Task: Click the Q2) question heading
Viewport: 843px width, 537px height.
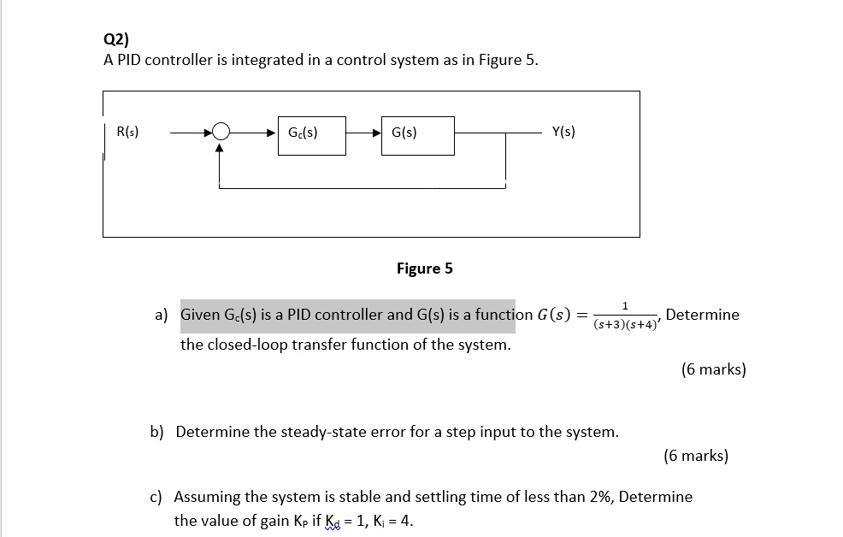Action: (x=115, y=38)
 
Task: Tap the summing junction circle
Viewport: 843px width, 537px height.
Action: (x=221, y=133)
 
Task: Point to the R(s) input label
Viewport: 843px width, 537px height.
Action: (x=127, y=133)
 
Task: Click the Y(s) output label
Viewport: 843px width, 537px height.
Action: (x=563, y=132)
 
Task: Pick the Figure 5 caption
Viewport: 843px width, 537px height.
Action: (x=424, y=268)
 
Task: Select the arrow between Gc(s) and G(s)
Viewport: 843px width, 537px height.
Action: (x=363, y=133)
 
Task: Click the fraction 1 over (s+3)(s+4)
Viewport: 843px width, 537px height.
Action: (x=625, y=316)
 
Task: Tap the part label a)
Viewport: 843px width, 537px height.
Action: (x=162, y=315)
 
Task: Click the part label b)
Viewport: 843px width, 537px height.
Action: (x=156, y=432)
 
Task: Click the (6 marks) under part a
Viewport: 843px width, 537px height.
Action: (x=713, y=369)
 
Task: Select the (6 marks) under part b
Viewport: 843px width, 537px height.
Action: (x=696, y=456)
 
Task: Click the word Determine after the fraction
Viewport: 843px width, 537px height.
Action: (x=702, y=315)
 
